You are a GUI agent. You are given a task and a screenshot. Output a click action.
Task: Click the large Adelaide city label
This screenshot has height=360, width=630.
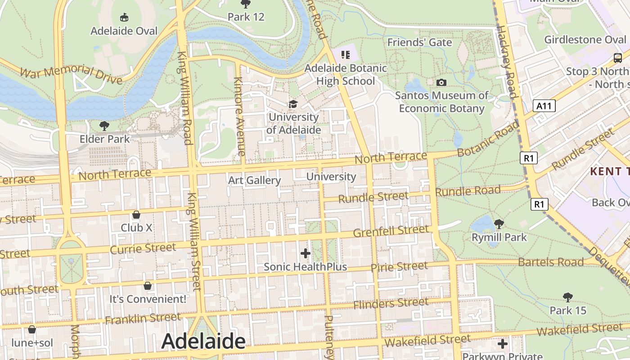(x=203, y=341)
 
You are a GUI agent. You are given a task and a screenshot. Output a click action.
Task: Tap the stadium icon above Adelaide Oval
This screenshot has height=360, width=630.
(x=124, y=18)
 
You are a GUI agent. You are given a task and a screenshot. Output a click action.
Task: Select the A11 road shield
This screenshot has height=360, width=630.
(x=544, y=106)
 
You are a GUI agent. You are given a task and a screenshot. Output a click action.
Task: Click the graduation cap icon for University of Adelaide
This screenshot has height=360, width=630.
(x=293, y=104)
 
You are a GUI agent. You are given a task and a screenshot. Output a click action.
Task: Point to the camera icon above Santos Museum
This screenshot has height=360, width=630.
(x=441, y=82)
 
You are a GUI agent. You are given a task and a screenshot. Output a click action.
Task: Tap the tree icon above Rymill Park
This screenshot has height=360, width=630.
(x=499, y=224)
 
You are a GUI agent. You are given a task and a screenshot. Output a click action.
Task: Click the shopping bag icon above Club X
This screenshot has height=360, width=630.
(x=136, y=215)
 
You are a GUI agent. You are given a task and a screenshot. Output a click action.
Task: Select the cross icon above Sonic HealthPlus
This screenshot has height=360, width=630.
(x=306, y=253)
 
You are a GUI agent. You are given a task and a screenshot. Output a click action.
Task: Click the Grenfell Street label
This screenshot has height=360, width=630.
(x=391, y=231)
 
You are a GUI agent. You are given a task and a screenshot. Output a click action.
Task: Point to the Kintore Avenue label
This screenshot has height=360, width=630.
(x=238, y=117)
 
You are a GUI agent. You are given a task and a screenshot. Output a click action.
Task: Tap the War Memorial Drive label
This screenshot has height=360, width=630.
(x=71, y=75)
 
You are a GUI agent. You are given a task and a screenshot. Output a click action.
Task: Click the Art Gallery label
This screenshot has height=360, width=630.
(x=255, y=180)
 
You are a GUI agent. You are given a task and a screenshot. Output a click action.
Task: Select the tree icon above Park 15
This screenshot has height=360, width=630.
(x=568, y=297)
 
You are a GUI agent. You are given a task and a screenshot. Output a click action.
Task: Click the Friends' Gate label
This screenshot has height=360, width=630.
(x=419, y=42)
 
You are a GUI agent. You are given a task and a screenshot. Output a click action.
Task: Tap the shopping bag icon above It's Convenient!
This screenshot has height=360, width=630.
(x=148, y=286)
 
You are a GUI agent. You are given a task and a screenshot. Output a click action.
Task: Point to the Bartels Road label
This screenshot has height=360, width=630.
(x=551, y=262)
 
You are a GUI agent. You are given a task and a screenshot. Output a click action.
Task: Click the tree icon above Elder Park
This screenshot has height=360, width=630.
(x=104, y=126)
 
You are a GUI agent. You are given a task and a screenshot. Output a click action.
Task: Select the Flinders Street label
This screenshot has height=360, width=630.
(x=391, y=304)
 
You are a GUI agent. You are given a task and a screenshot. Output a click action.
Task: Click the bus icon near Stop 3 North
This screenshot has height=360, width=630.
(x=618, y=58)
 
